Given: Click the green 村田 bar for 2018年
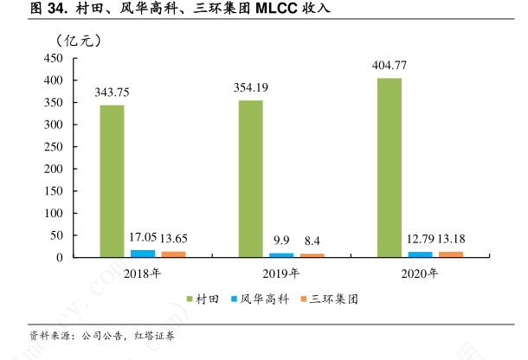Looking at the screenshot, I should [112, 181].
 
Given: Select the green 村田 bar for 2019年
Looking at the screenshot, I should [250, 178].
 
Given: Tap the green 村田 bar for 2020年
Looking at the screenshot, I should [389, 167].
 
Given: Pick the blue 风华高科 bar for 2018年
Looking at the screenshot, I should [143, 254].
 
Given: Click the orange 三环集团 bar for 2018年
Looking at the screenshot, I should [173, 254].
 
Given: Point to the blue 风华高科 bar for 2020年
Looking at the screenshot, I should [420, 254].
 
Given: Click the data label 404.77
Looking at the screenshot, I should [389, 65].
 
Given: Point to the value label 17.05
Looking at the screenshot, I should [143, 236].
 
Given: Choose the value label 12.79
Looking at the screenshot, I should [420, 238].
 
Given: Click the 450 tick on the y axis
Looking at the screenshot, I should [54, 58].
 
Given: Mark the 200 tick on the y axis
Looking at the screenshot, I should [54, 169].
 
